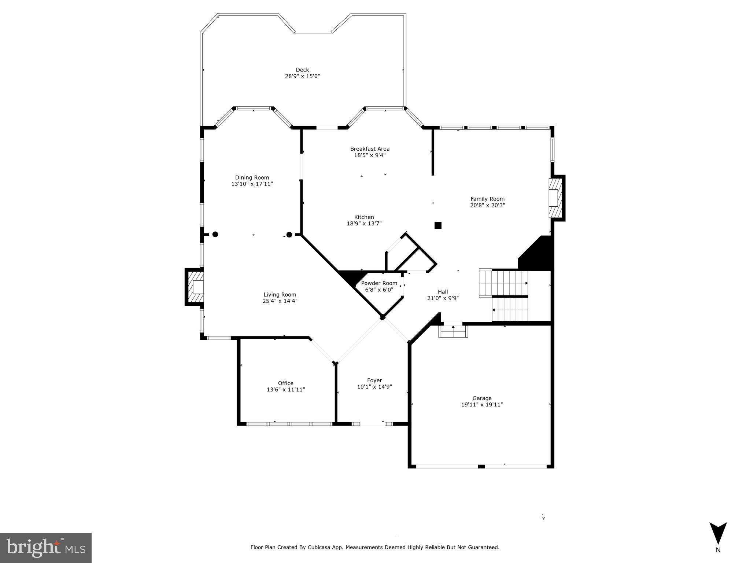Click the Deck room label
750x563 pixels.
302,70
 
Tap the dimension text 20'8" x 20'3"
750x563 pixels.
487,205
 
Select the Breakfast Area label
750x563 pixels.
370,149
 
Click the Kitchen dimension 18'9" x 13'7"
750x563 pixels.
364,223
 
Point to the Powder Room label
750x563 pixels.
379,283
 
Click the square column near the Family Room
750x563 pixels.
438,225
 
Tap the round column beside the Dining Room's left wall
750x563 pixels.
215,234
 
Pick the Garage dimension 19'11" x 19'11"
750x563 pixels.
482,405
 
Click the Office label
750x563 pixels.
285,383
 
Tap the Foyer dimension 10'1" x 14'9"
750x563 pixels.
374,387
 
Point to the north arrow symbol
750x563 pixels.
718,534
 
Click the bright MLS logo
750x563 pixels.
45,548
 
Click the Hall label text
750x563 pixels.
443,292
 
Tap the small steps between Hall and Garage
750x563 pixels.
453,331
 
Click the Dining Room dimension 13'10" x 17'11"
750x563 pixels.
252,184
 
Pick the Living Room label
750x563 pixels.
280,294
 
